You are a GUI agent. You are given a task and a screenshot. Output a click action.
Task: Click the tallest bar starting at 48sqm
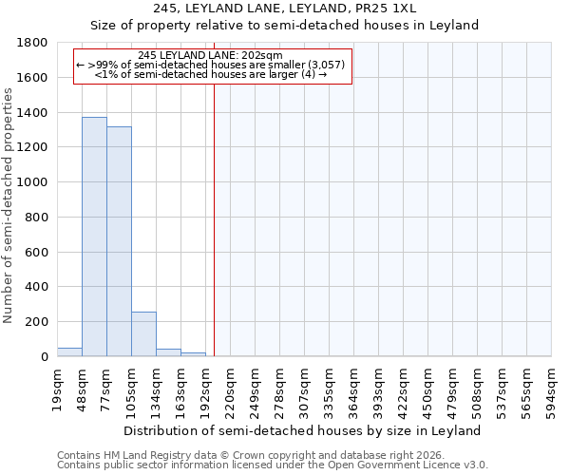(94, 237)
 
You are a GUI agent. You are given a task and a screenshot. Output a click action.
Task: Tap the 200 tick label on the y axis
(37, 322)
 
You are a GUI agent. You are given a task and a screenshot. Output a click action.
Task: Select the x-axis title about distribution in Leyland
(304, 430)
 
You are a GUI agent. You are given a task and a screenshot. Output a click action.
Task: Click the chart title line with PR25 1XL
(304, 9)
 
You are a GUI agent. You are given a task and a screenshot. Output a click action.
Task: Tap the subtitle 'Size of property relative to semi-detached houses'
(304, 26)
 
